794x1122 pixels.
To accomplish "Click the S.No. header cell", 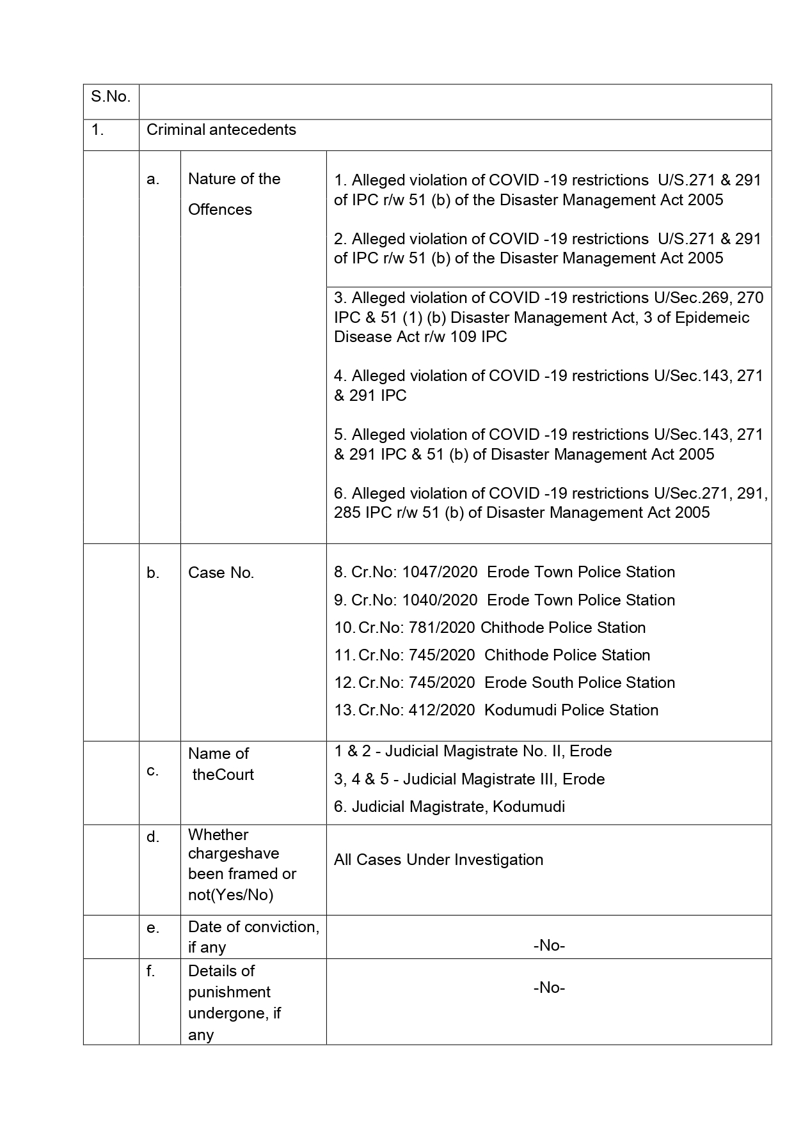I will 111,97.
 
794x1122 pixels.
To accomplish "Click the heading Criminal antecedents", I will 221,130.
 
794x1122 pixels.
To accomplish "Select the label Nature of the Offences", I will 234,194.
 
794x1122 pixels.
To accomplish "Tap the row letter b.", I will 153,573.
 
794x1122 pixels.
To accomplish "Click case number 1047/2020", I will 440,572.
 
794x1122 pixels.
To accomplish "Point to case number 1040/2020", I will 440,600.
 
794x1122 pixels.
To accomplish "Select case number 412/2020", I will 439,710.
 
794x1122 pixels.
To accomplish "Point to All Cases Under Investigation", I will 438,860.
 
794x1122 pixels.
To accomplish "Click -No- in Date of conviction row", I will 549,946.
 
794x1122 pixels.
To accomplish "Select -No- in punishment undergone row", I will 549,988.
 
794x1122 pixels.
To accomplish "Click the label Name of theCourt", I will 221,764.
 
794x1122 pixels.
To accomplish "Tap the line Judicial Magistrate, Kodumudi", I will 449,807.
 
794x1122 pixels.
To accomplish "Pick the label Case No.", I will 221,573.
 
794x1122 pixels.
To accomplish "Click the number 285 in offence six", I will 347,513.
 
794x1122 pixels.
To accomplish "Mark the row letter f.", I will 151,971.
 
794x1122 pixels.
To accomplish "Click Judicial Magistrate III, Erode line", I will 469,779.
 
